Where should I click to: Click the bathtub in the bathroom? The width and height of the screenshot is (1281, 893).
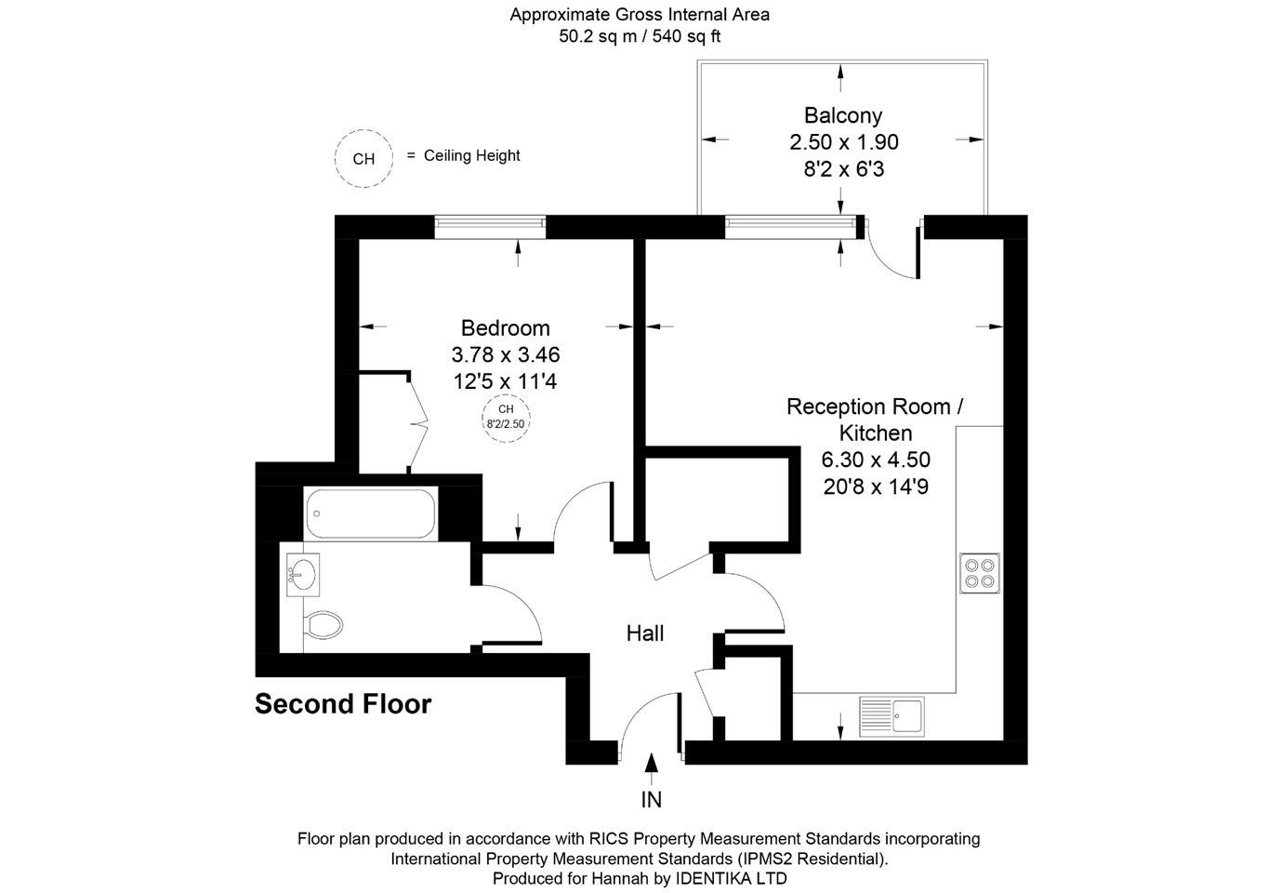pyautogui.click(x=371, y=513)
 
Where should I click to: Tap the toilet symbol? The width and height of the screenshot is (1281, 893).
pyautogui.click(x=324, y=625)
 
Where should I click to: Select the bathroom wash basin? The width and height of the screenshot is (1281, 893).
pyautogui.click(x=302, y=575)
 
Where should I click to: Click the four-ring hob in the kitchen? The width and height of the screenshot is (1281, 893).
pyautogui.click(x=980, y=573)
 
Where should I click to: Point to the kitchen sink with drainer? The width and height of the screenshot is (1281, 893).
pyautogui.click(x=891, y=715)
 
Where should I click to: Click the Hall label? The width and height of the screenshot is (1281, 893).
pyautogui.click(x=645, y=633)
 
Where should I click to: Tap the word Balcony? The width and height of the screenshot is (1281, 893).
pyautogui.click(x=843, y=115)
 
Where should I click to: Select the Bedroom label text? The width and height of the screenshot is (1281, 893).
pyautogui.click(x=506, y=327)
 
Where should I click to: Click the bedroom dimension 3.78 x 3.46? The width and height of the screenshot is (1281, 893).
pyautogui.click(x=506, y=354)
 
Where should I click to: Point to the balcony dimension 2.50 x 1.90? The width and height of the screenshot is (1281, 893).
pyautogui.click(x=843, y=142)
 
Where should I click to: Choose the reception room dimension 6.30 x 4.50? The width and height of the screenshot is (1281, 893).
pyautogui.click(x=876, y=460)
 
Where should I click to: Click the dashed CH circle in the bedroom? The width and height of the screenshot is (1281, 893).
pyautogui.click(x=506, y=394)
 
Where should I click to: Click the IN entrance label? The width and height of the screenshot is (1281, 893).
pyautogui.click(x=652, y=800)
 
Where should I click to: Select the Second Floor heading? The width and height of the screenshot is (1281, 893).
pyautogui.click(x=343, y=703)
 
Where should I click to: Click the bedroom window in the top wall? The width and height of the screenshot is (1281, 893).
pyautogui.click(x=490, y=227)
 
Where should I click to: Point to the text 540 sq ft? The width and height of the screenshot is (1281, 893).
pyautogui.click(x=686, y=36)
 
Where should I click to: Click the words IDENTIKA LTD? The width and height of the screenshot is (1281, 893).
pyautogui.click(x=732, y=878)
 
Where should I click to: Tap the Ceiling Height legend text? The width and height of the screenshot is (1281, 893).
pyautogui.click(x=472, y=155)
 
